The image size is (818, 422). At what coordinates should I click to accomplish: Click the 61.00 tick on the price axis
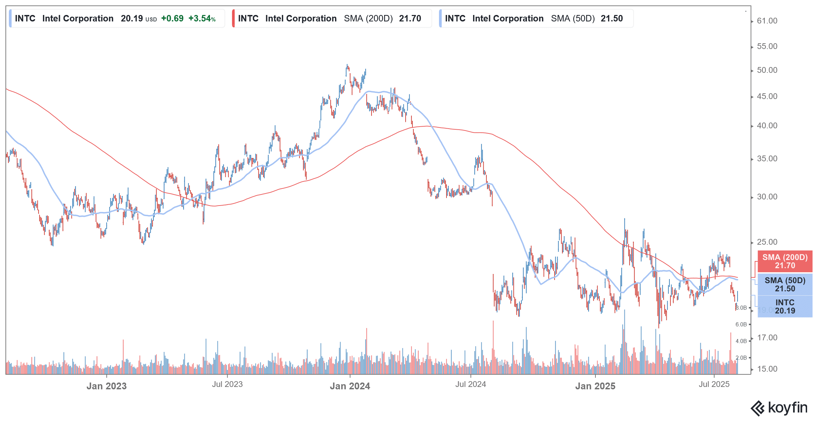tap(767, 21)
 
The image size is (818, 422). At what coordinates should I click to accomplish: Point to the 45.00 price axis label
tap(767, 97)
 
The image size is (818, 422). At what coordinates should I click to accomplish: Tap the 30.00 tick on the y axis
tap(767, 197)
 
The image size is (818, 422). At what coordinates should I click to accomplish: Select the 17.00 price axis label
tap(767, 338)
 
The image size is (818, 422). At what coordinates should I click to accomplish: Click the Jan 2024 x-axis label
tap(350, 386)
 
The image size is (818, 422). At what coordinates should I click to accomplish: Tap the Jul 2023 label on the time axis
tap(227, 385)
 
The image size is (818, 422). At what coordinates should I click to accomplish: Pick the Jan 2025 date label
tap(595, 386)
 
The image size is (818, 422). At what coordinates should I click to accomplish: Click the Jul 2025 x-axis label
tap(714, 385)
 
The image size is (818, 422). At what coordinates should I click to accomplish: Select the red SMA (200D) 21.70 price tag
tap(785, 261)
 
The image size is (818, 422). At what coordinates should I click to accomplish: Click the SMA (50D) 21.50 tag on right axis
tap(785, 285)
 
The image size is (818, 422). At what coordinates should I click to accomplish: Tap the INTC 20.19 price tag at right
tap(785, 307)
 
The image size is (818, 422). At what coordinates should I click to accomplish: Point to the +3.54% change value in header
tap(202, 19)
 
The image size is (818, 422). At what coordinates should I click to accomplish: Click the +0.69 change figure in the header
tap(172, 19)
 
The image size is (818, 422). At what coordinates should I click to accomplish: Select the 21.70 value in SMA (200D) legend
tap(410, 19)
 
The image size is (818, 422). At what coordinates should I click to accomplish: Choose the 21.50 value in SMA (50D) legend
tap(611, 19)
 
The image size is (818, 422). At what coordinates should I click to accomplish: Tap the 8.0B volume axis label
tap(741, 308)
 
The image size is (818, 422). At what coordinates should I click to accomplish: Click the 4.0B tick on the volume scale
tap(741, 341)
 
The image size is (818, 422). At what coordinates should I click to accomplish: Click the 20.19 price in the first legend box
tap(132, 19)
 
